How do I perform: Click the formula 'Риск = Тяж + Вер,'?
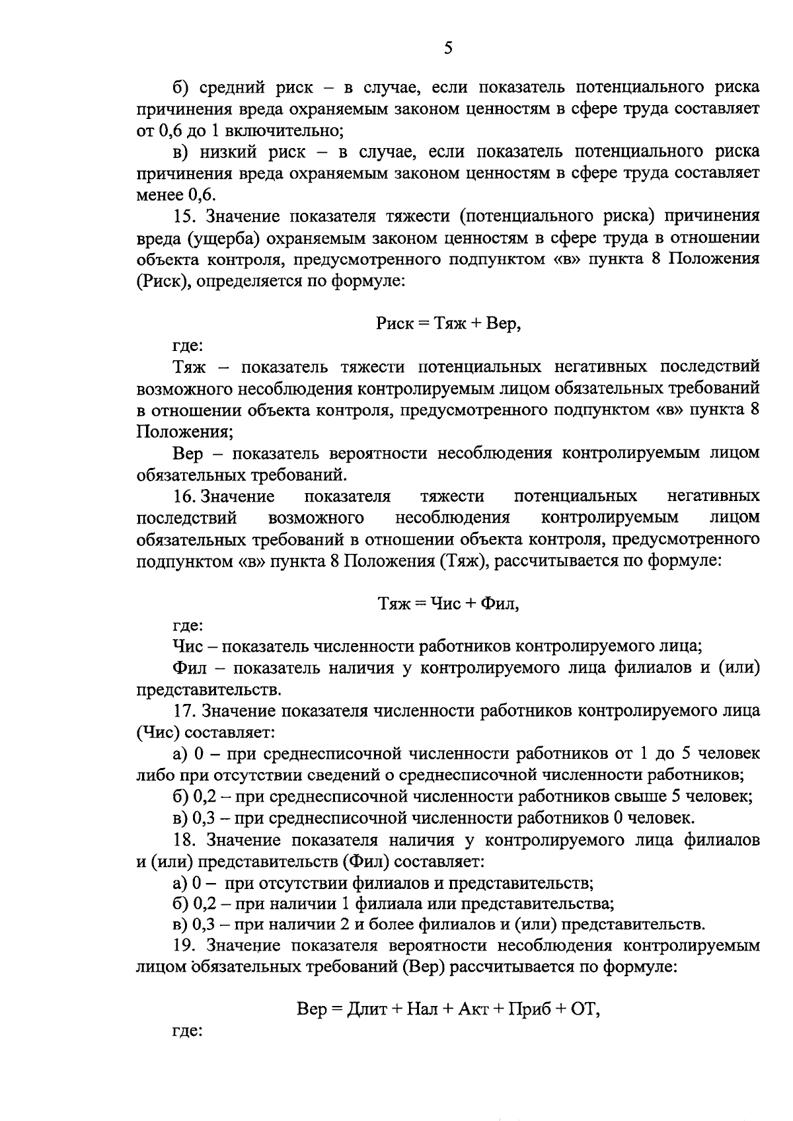pyautogui.click(x=448, y=324)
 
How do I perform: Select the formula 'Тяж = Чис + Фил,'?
pyautogui.click(x=448, y=603)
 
